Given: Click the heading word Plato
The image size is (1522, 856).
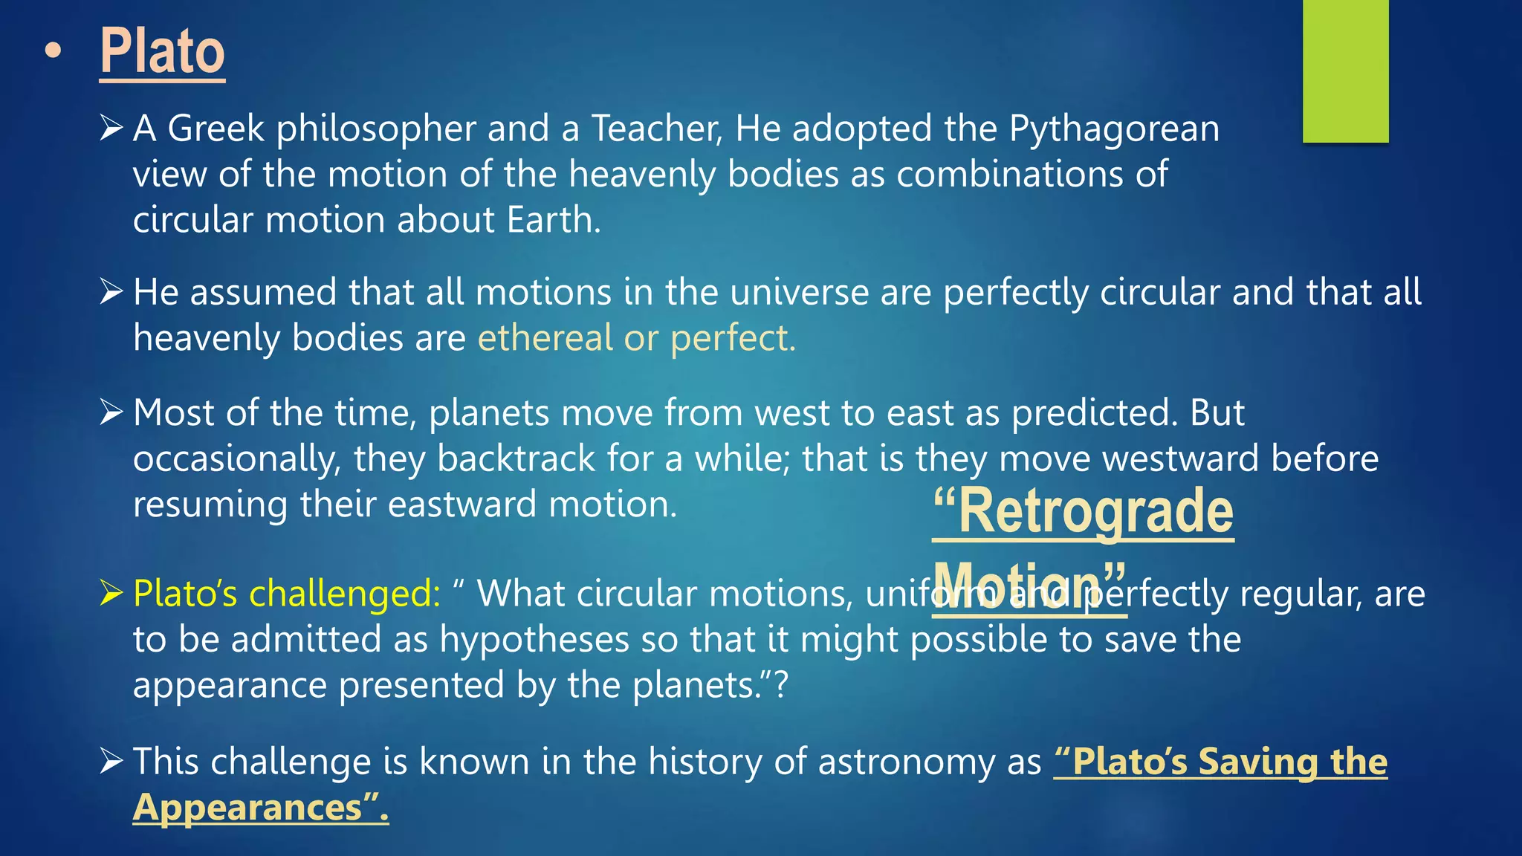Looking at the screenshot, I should tap(162, 51).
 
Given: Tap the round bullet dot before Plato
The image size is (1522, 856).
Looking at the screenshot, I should tap(53, 51).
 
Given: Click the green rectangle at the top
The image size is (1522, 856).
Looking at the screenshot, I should tap(1345, 71).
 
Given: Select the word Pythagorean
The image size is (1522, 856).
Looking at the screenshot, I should tap(1114, 129).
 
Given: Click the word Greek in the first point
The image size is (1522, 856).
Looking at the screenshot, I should tap(216, 129).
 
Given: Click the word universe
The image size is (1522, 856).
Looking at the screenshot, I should tap(799, 292).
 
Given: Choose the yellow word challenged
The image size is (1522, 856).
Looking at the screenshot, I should tap(344, 594).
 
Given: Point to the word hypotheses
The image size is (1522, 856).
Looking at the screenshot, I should tap(534, 640).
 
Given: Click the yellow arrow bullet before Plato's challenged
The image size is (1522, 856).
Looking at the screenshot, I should tap(111, 593).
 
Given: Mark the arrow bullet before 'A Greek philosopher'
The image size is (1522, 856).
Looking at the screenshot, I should tap(111, 129).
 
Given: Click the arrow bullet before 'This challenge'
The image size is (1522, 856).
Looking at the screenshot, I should tap(111, 761).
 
